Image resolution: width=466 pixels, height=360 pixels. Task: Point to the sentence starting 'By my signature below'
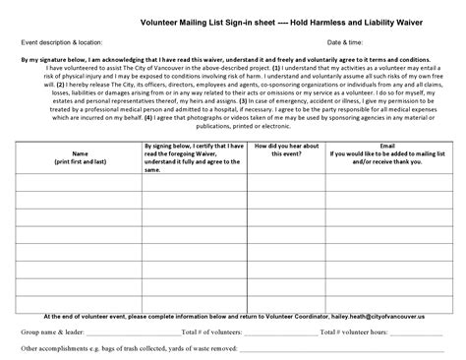click(x=233, y=60)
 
